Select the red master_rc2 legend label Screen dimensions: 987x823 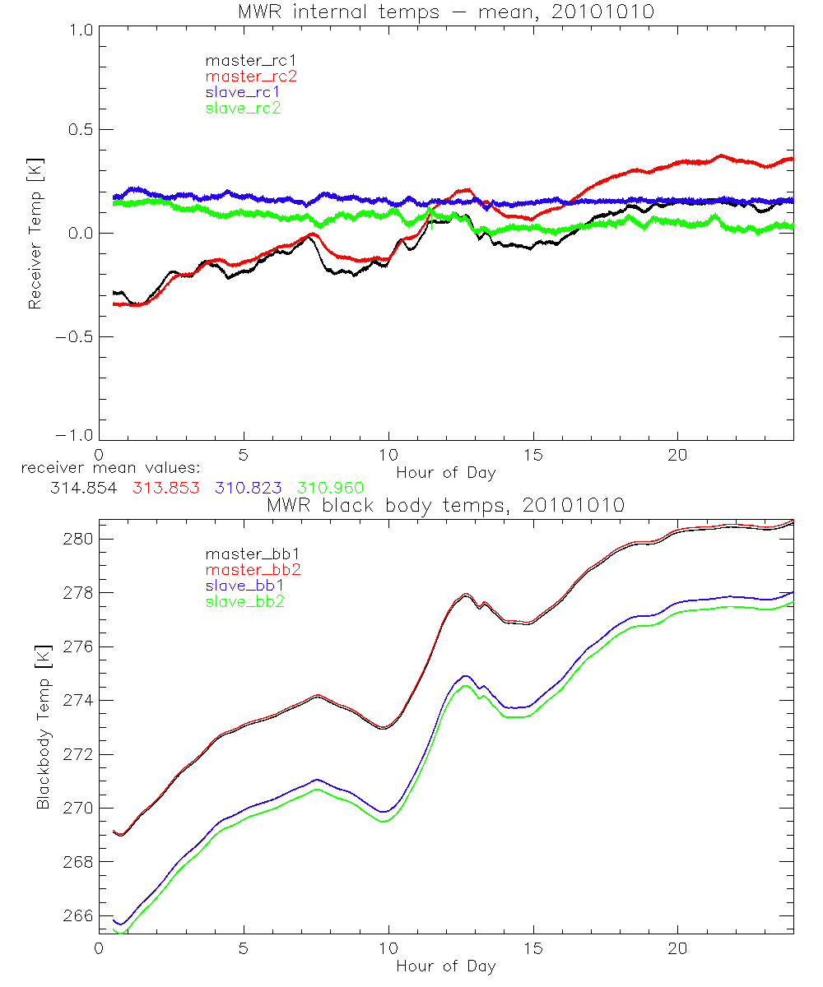pyautogui.click(x=250, y=76)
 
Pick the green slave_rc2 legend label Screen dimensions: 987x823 pyautogui.click(x=243, y=108)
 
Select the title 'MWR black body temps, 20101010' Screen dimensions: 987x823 pyautogui.click(x=445, y=505)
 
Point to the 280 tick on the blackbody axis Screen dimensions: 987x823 pyautogui.click(x=77, y=539)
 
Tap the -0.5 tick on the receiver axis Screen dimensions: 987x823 pyautogui.click(x=72, y=336)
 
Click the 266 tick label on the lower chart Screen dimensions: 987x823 pyautogui.click(x=77, y=915)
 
